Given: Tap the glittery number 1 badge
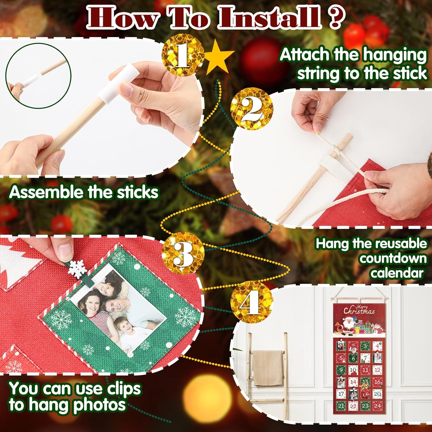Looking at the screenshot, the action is click(x=183, y=55).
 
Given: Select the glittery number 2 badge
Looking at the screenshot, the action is click(x=251, y=108).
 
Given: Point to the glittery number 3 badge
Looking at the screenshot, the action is click(x=183, y=253).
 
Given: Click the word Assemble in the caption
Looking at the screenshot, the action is click(x=46, y=192).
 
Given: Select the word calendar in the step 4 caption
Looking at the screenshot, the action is click(x=397, y=273).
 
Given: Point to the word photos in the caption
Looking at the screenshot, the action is click(x=99, y=405).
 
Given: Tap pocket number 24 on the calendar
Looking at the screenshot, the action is click(x=377, y=406).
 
